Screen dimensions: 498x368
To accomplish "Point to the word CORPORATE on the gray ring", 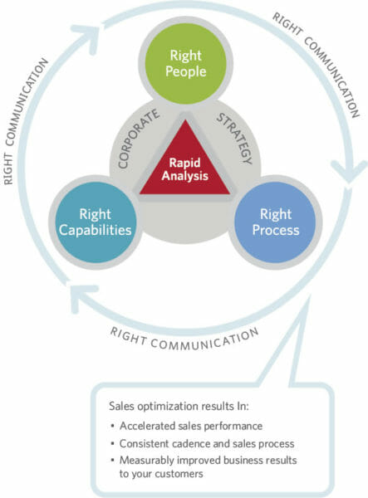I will tap(132, 142).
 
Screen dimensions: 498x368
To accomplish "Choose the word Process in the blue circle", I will tap(274, 230).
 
